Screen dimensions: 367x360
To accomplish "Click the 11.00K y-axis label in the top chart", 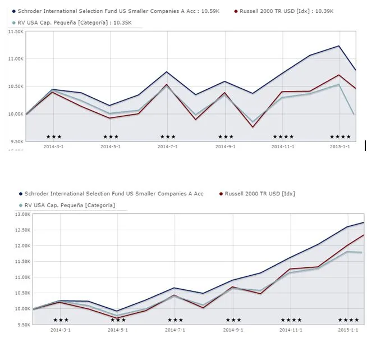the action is tap(16, 59).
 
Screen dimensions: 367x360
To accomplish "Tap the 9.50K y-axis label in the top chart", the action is tap(16, 142).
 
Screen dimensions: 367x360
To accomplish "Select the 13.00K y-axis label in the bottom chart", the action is tap(22, 214).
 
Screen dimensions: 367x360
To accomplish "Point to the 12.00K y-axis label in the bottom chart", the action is tap(22, 245).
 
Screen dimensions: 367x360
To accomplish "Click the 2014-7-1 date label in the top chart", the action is tap(168, 147).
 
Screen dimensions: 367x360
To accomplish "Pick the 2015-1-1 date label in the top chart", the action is tap(340, 147).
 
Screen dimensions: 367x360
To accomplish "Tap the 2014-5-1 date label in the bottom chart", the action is tap(118, 330).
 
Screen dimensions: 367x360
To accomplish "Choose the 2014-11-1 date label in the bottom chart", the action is tap(291, 330).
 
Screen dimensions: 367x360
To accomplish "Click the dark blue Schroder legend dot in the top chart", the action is tap(14, 11).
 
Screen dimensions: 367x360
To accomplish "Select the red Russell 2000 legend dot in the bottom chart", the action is tap(221, 194).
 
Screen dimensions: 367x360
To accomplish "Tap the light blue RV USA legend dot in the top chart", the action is tap(14, 22).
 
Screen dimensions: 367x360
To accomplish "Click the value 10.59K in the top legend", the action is tap(210, 11).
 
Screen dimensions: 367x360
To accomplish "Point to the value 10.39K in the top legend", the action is tap(324, 11).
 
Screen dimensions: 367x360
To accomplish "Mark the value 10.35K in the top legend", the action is tap(123, 22).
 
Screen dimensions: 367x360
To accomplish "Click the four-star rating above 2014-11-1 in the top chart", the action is tap(283, 137).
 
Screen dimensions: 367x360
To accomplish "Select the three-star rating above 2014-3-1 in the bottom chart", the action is tap(61, 320).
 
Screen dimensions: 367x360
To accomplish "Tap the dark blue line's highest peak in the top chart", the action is tap(339, 46).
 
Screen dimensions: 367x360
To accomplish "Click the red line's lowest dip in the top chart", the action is tap(253, 127).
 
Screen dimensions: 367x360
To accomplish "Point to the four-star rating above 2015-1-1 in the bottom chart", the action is tap(348, 320).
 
